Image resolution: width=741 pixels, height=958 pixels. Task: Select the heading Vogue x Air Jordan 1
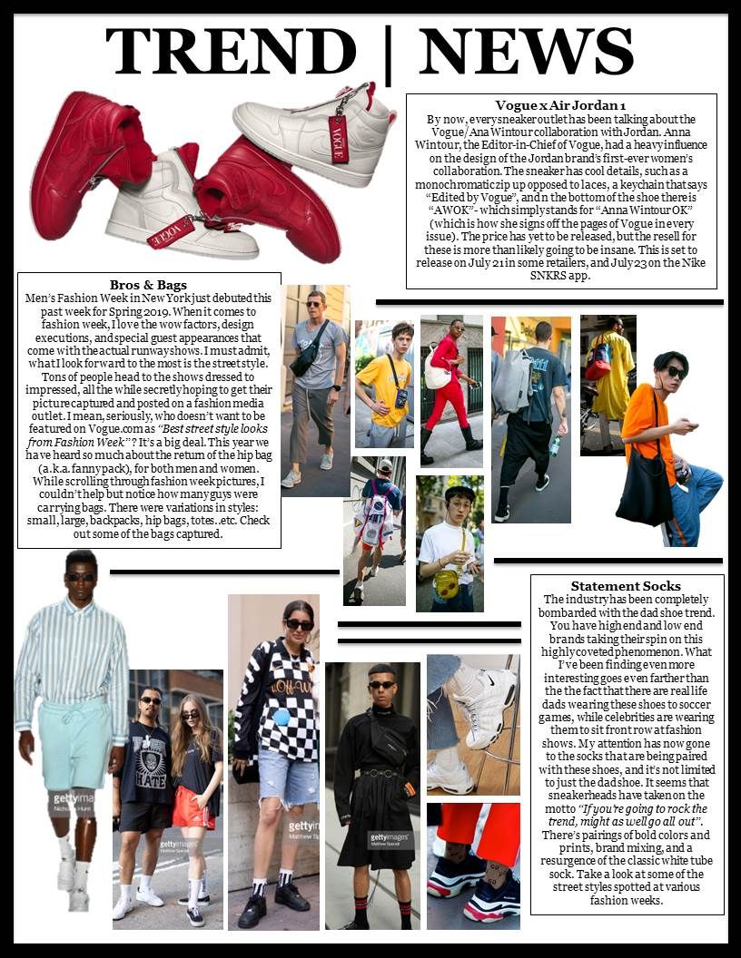coord(560,105)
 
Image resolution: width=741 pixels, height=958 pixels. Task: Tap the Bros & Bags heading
coord(148,284)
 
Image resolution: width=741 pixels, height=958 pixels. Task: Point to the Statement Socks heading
coord(626,586)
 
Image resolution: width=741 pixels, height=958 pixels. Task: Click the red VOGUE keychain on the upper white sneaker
coord(340,137)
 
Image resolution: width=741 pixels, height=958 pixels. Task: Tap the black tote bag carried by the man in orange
coord(645,491)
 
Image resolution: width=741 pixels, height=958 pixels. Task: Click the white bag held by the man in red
coord(438,372)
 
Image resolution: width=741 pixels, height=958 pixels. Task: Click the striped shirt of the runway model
coord(72,650)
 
